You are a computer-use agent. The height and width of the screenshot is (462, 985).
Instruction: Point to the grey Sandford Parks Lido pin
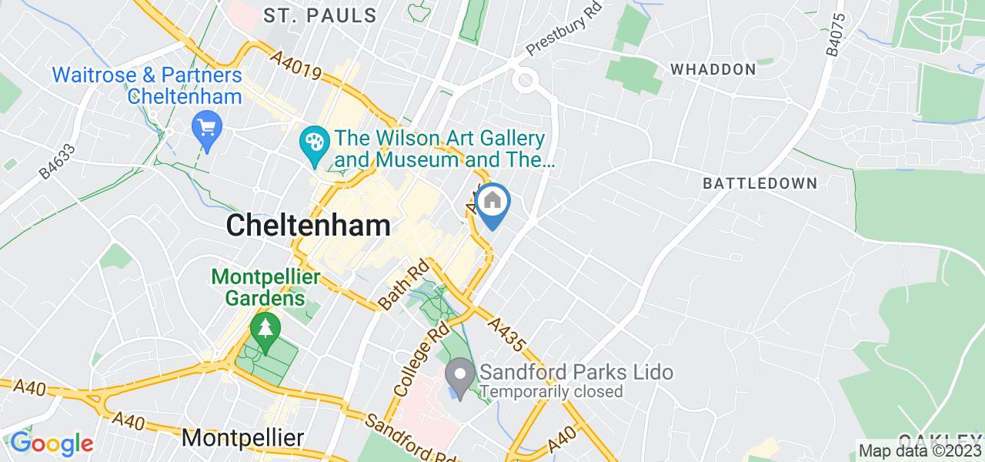pos(460,377)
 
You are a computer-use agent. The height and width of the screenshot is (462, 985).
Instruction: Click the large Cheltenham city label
pos(308,226)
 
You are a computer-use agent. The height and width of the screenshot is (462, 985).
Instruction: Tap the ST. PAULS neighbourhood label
pos(320,15)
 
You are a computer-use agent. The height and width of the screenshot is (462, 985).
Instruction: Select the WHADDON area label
pos(713,69)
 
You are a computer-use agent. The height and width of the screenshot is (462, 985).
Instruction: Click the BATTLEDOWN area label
pos(760,183)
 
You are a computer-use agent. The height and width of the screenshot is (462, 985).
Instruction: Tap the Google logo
pos(52,444)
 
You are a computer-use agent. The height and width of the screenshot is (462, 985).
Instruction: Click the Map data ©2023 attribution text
pos(920,451)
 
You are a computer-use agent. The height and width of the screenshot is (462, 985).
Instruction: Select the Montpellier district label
pos(242,438)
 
